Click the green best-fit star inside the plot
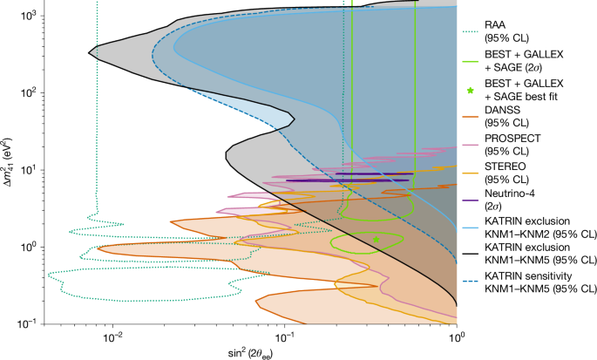(x=376, y=238)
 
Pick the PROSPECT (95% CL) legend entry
(x=521, y=145)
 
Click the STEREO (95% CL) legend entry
(x=515, y=173)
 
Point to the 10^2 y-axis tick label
(x=24, y=92)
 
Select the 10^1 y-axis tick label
(x=24, y=169)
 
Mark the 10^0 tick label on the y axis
(x=24, y=247)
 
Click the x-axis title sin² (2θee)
(x=248, y=351)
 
